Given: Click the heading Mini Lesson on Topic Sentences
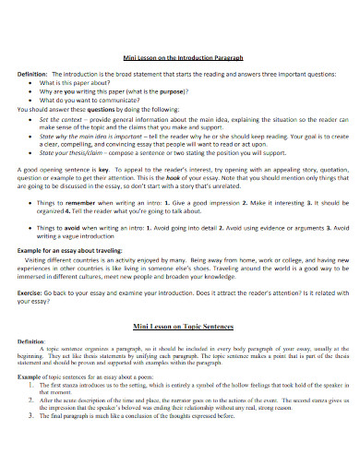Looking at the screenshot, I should click(x=180, y=301).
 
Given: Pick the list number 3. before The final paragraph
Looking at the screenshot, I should click(x=32, y=415).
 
